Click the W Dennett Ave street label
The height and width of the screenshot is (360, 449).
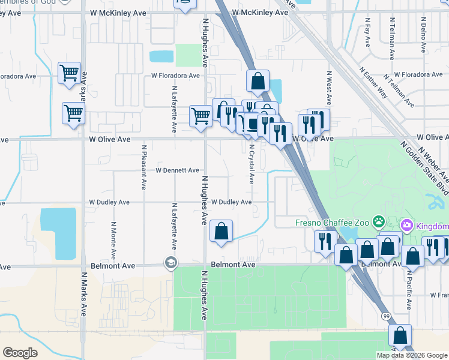click(177, 170)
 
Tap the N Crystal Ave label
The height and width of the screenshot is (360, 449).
click(252, 163)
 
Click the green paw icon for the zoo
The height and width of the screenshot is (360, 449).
click(378, 223)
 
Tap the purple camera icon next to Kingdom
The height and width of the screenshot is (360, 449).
click(407, 226)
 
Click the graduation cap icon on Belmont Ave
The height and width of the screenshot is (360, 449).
click(171, 263)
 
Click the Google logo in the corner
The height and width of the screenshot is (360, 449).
click(20, 352)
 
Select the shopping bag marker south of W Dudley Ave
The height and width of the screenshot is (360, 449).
click(221, 231)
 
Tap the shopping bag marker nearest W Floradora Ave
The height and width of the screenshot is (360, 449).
click(258, 81)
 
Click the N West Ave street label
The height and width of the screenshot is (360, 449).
click(329, 88)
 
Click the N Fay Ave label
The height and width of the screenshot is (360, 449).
click(367, 32)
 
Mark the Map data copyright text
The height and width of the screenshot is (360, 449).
click(412, 355)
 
